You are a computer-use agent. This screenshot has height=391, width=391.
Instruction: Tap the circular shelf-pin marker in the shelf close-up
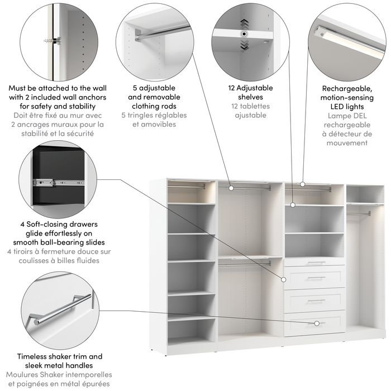coord(244,34)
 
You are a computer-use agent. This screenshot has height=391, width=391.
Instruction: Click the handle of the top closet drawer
coord(316,263)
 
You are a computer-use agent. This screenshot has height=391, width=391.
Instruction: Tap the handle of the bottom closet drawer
coord(316,323)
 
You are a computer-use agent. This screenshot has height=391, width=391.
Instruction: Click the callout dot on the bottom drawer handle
coord(316,323)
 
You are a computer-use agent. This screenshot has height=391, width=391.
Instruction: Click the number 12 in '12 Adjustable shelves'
coord(232,88)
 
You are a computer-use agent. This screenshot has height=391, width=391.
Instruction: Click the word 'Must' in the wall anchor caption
coord(20,88)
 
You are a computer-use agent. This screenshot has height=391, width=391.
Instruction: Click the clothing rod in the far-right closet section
coord(358,213)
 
